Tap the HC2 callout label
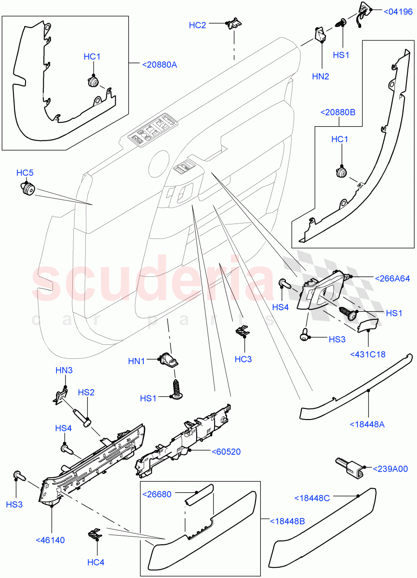tap(197, 25)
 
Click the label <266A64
tap(392, 278)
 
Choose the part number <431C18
tap(368, 355)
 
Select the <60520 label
tap(226, 451)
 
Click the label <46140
tap(50, 540)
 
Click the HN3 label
tap(64, 370)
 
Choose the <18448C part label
tap(312, 498)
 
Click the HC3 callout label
tap(243, 359)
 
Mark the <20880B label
tap(337, 112)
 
